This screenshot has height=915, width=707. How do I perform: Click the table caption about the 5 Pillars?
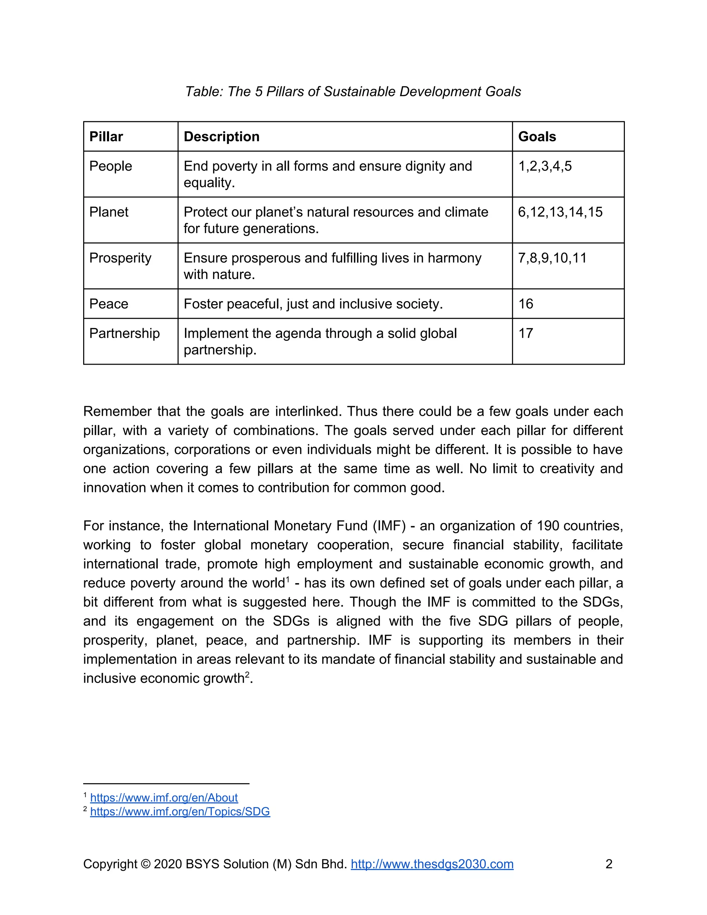pos(353,91)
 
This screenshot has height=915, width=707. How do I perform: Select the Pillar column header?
pos(106,137)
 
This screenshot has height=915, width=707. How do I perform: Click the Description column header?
pos(222,137)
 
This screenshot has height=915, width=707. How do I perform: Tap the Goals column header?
pos(537,137)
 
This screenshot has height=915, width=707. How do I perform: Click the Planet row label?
pos(109,212)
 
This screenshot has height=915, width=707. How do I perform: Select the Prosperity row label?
pos(120,258)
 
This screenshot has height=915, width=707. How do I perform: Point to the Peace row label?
pos(109,304)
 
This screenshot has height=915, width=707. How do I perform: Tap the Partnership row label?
pos(124,334)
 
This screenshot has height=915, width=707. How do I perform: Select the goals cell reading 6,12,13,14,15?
pos(560,212)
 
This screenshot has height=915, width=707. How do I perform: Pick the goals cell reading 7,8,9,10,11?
pos(552,258)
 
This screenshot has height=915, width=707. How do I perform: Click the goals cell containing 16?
pos(526,304)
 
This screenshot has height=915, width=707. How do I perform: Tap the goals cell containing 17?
pos(526,334)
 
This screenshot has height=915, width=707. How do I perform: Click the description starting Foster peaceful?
pos(313,304)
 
